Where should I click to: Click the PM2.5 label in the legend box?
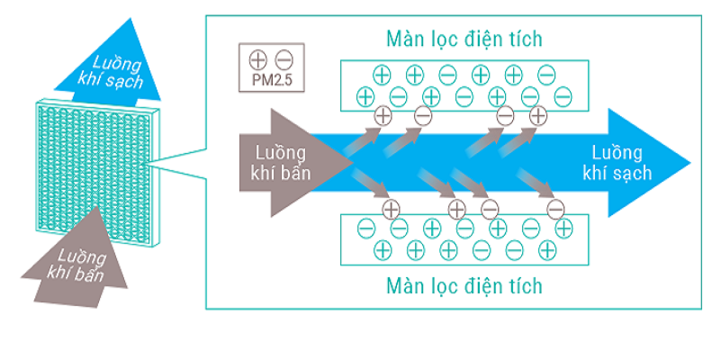[271, 81]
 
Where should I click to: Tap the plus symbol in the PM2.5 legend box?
[259, 59]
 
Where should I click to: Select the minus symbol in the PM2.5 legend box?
[284, 59]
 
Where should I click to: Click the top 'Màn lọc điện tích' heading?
[464, 40]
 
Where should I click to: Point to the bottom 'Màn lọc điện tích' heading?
[464, 285]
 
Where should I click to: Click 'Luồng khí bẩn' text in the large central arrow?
[281, 163]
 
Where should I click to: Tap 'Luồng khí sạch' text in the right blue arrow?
[617, 163]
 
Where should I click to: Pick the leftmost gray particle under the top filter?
[383, 116]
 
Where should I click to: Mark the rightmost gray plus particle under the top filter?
[538, 116]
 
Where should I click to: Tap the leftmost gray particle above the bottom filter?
[391, 209]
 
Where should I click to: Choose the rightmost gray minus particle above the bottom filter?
[555, 209]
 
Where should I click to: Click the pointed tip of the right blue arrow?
[691, 163]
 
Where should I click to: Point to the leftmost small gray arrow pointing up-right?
[362, 140]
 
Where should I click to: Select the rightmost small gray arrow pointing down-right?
[536, 184]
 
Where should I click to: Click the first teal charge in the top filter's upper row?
[382, 75]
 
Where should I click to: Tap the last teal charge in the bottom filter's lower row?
[547, 248]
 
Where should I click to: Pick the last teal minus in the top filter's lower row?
[563, 97]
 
